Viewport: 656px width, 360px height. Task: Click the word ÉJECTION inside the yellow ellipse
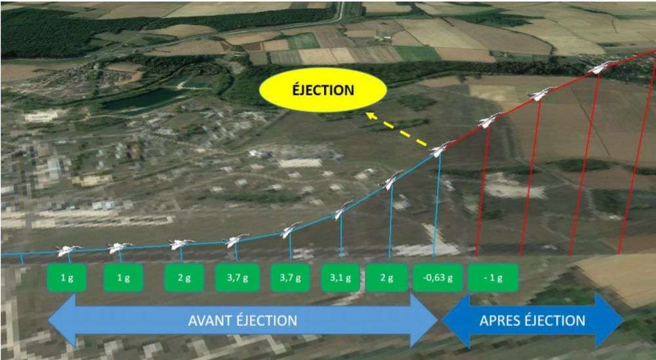tap(323, 90)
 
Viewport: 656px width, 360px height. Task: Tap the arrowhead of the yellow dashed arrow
tap(370, 115)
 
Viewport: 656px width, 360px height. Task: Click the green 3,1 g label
tap(340, 277)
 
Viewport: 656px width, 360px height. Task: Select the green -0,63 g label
tap(438, 277)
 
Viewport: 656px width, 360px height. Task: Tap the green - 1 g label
tap(493, 277)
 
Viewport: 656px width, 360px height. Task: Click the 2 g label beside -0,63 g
tap(386, 277)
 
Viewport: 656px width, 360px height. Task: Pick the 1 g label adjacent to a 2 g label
tap(123, 277)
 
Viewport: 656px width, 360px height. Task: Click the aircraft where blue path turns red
tap(440, 148)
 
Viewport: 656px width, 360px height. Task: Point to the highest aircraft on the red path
tap(601, 67)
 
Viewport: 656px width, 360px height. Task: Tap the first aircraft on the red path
tap(489, 120)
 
